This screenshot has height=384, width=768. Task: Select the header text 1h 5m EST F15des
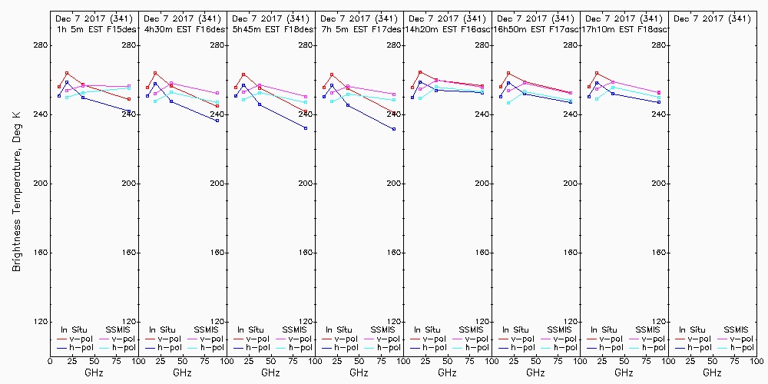click(94, 29)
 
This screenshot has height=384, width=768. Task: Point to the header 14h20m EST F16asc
click(448, 29)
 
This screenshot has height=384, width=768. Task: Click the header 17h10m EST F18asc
click(626, 29)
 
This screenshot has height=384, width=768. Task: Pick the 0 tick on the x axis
click(50, 360)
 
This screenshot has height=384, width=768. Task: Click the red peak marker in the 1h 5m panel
click(67, 73)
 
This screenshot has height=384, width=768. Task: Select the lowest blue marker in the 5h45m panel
click(306, 128)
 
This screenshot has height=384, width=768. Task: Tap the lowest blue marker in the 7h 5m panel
click(394, 129)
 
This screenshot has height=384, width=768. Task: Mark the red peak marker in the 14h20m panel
click(420, 72)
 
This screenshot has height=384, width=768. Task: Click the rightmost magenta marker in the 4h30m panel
click(217, 93)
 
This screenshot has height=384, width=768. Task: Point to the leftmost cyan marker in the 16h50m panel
click(508, 102)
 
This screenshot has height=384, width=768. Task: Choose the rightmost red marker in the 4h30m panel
click(217, 106)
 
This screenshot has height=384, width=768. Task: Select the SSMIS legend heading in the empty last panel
click(736, 329)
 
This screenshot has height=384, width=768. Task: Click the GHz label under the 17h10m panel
click(624, 372)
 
